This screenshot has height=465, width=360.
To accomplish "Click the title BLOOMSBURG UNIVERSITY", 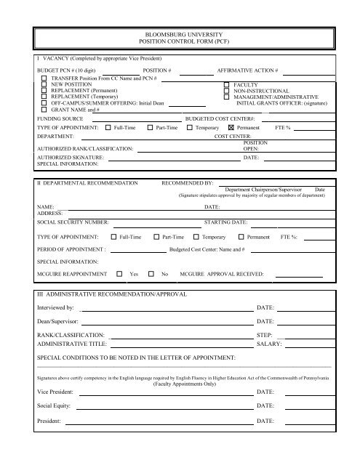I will [x=180, y=34].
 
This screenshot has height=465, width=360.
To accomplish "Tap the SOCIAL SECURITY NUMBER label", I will [x=73, y=222].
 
